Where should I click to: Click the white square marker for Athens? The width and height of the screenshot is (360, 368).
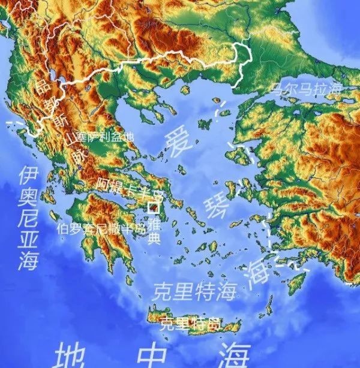154,209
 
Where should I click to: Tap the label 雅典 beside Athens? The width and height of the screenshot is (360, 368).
154,231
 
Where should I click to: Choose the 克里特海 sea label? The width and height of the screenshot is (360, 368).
194,292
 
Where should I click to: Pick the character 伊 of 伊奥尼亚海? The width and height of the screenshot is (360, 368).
29,175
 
